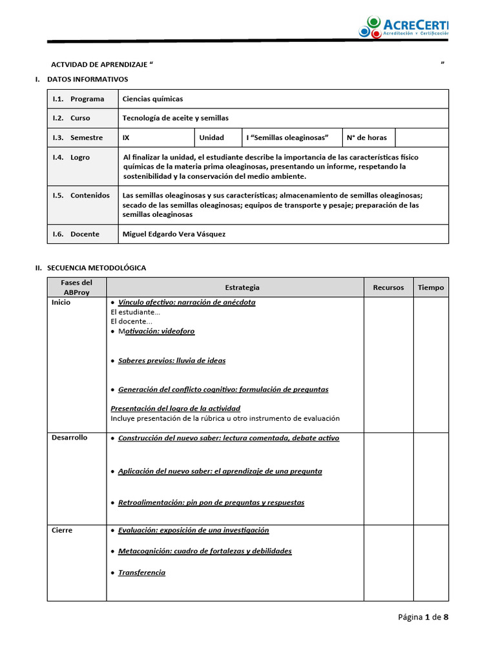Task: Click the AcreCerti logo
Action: click(x=404, y=27)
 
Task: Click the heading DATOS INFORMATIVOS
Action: click(x=88, y=79)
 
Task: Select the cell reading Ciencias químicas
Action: click(x=153, y=99)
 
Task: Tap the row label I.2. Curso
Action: click(x=72, y=118)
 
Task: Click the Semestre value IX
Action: click(x=126, y=137)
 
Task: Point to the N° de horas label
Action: click(x=367, y=137)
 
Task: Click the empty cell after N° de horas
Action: click(x=421, y=137)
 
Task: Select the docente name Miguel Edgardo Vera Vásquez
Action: click(x=174, y=234)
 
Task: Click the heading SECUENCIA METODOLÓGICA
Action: click(x=97, y=267)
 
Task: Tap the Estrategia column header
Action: click(x=242, y=287)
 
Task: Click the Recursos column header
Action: click(x=388, y=287)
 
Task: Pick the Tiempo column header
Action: click(x=431, y=287)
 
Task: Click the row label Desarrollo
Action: click(x=70, y=438)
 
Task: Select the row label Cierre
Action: click(x=62, y=530)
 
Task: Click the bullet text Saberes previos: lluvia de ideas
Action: click(x=172, y=360)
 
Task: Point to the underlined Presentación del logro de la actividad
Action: click(x=176, y=408)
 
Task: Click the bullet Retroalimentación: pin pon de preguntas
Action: click(x=211, y=502)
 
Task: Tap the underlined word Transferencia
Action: click(x=141, y=573)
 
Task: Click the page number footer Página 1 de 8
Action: click(x=423, y=617)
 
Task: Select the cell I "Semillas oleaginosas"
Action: click(x=287, y=137)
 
